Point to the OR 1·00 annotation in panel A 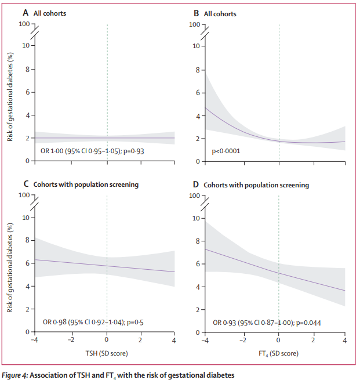point(96,151)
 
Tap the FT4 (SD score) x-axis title point(278,352)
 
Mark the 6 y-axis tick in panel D point(198,263)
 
